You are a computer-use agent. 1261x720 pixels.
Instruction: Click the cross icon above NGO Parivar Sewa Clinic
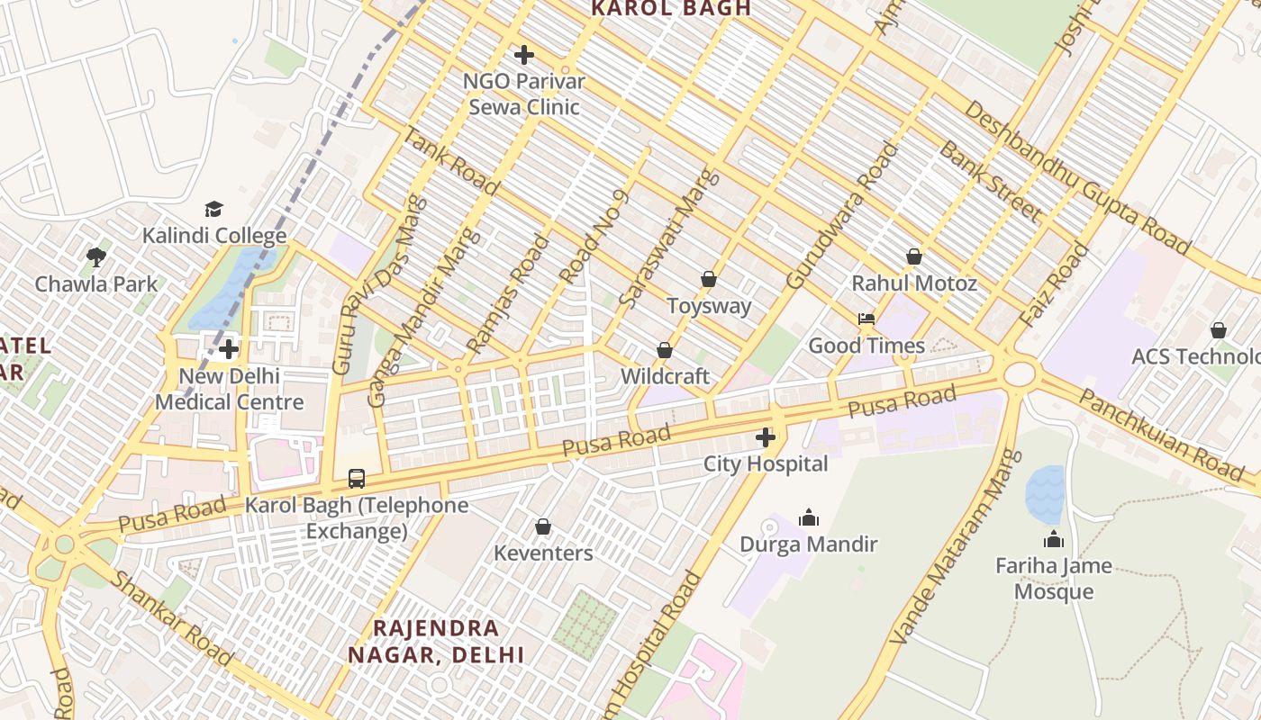523,55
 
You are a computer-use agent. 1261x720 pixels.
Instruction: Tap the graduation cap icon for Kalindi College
213,210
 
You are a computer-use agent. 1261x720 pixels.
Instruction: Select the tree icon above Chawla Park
96,257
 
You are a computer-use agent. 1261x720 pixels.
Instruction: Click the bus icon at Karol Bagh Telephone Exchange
357,478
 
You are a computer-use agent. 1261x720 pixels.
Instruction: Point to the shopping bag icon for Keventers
543,526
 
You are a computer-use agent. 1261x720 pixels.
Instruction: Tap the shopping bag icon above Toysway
709,280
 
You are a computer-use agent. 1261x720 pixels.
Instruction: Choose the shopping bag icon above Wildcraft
665,350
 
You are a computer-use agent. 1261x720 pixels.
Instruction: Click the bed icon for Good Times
866,319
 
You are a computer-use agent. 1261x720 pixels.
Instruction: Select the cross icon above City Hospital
766,438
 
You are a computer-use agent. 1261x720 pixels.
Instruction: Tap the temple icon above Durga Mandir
809,517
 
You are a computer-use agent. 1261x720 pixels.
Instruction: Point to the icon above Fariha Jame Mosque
1053,540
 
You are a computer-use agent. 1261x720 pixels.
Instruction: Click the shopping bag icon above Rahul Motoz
914,257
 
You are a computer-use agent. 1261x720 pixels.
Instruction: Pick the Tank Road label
449,161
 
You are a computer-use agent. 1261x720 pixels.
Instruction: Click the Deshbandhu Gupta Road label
1077,176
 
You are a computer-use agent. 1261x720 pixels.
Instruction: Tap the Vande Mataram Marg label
956,547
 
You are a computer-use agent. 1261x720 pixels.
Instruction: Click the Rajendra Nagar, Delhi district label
436,641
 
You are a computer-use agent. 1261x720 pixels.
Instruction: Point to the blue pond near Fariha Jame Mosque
1045,495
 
